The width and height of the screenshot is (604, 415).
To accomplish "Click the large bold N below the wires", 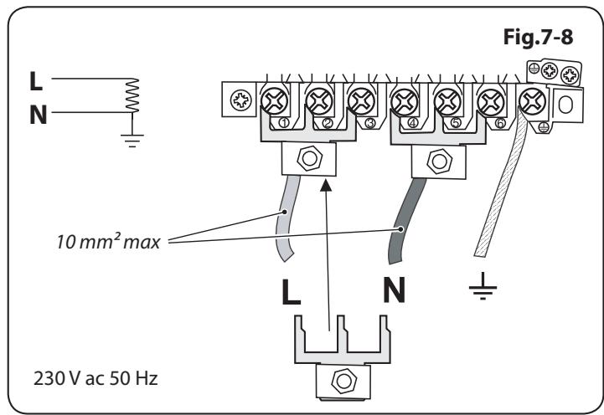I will click(x=394, y=295).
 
